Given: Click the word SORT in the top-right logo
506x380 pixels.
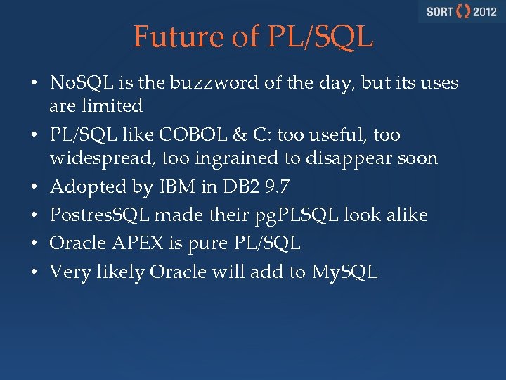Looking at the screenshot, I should [439, 12].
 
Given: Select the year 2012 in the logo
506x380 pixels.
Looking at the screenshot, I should [484, 12].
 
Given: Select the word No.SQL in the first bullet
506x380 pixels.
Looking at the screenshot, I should [77, 83].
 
